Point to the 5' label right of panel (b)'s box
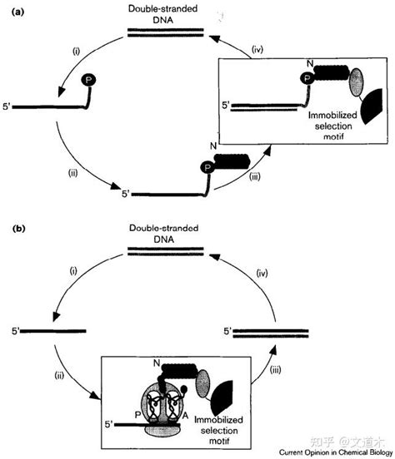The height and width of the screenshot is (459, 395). [x=225, y=331]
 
